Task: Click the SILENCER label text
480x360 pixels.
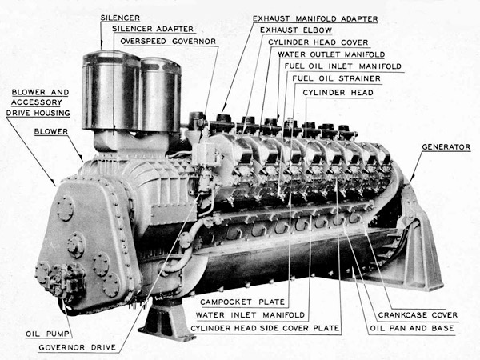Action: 120,18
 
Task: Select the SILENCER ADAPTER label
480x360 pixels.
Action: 153,29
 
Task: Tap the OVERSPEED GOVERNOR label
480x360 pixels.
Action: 168,42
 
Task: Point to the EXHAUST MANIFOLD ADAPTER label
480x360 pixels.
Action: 315,18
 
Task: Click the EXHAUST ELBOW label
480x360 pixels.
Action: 296,30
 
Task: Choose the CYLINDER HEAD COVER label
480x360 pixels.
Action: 318,42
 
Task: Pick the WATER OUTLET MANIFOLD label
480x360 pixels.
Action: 331,54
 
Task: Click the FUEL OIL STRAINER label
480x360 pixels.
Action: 337,78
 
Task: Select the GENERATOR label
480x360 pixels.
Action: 446,147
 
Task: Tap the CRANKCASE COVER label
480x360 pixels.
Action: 418,315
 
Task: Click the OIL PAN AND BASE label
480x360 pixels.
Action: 412,328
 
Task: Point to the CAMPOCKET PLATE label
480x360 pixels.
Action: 242,302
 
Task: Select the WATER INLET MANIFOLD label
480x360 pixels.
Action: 250,315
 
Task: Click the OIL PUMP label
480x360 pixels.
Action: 47,334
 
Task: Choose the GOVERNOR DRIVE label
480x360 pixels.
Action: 78,347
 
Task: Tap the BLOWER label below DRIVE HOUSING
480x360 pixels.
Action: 51,132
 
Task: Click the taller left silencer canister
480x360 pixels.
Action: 111,90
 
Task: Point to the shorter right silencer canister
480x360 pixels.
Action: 161,95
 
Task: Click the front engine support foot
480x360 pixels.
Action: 167,318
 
